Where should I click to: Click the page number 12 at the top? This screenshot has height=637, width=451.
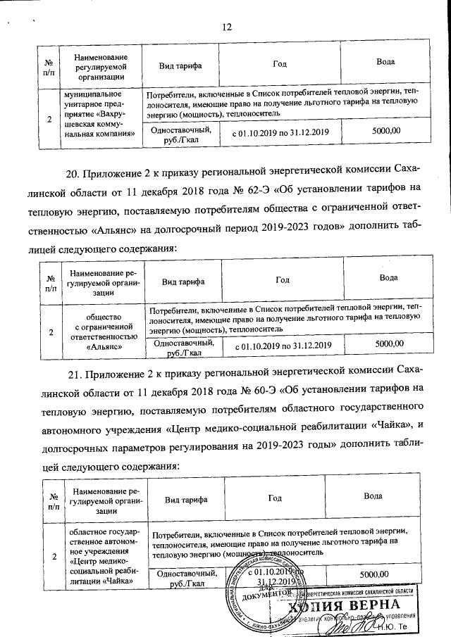(x=226, y=27)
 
